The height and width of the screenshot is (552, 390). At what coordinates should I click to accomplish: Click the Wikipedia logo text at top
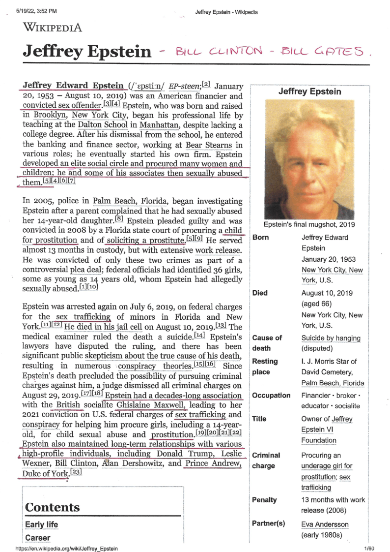click(x=53, y=27)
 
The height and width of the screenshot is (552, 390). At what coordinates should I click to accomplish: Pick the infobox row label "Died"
click(x=260, y=293)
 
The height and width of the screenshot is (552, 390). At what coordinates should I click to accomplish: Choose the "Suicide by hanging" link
click(x=331, y=338)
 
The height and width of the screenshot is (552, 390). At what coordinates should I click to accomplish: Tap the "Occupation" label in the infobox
click(x=271, y=396)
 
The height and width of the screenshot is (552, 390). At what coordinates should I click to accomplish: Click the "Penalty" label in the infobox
click(x=264, y=500)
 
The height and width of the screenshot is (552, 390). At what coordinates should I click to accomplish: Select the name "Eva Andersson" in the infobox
click(x=325, y=524)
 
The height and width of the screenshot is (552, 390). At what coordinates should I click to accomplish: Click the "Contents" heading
click(x=52, y=507)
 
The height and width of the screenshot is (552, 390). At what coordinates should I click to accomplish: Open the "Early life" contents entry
click(x=41, y=524)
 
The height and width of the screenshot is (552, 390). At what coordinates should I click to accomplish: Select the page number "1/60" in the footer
click(x=369, y=548)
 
